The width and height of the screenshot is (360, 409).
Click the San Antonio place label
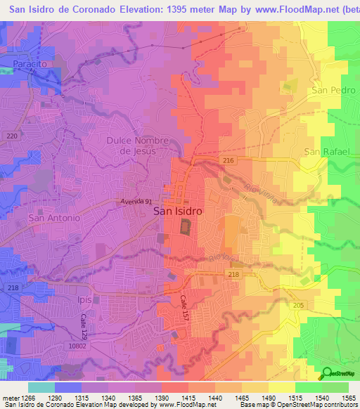54,218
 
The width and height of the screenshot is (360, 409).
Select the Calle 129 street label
82,326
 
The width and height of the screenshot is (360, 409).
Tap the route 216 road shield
228,161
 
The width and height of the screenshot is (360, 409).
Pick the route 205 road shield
299,304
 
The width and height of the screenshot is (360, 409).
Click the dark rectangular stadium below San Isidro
186,227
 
